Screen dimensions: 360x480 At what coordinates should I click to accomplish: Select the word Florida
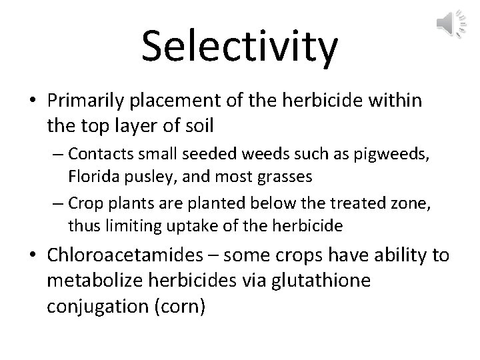89,179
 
